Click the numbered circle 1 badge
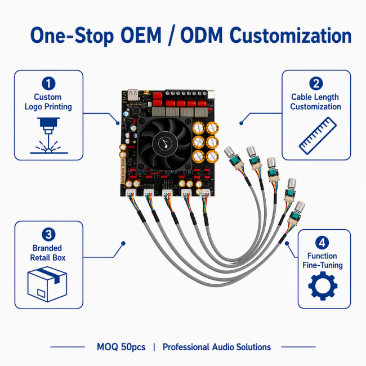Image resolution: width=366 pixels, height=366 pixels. (x=48, y=83)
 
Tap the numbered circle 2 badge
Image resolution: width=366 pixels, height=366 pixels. (x=316, y=83)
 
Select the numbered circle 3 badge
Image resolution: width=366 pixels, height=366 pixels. (x=48, y=234)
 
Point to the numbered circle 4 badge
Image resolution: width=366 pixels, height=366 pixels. (x=322, y=243)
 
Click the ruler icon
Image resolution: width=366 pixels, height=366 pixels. (x=318, y=136)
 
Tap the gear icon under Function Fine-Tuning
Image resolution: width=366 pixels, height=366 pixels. (x=323, y=286)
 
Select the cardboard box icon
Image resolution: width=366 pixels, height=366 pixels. (x=47, y=284)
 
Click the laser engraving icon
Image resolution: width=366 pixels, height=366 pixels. (x=48, y=135)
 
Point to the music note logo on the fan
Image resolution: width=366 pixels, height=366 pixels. (x=165, y=143)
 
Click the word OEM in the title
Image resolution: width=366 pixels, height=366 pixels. (x=141, y=35)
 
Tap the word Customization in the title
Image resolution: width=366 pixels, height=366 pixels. (x=291, y=35)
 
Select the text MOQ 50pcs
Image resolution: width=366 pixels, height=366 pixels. (x=121, y=347)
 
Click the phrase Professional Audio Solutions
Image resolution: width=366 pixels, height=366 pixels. (x=217, y=347)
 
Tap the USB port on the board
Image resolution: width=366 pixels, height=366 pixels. (x=133, y=95)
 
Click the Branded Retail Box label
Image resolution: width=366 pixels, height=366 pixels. (x=48, y=253)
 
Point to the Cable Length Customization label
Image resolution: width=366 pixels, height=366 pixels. (x=315, y=102)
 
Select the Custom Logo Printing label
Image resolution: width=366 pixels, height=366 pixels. (x=48, y=102)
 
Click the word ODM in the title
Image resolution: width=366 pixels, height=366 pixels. (x=202, y=35)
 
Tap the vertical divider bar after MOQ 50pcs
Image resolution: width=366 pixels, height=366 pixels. (x=154, y=347)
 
